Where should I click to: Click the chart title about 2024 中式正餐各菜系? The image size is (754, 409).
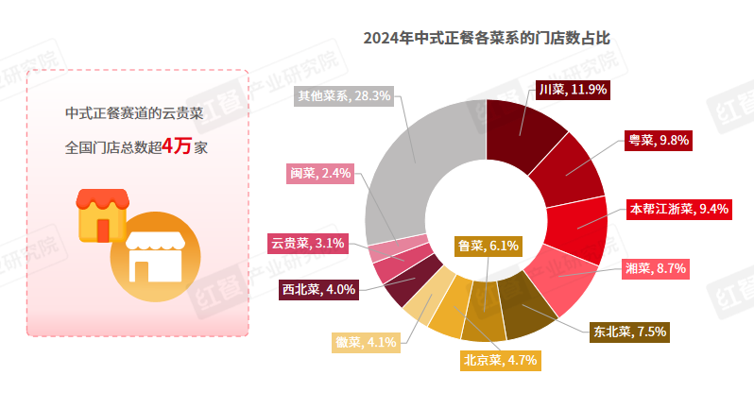pos(487,39)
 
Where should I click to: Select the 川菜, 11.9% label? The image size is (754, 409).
pos(572,90)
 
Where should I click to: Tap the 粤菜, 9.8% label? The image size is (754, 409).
pos(660,140)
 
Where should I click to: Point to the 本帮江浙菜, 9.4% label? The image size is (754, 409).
pos(679,209)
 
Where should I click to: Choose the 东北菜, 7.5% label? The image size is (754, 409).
pos(630,331)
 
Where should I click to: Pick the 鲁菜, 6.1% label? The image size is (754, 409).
pos(488,246)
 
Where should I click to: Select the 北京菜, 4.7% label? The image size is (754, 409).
pos(501,359)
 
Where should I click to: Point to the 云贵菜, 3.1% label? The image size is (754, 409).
pos(307,243)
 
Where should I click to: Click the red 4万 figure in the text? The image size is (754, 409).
pos(178,145)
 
